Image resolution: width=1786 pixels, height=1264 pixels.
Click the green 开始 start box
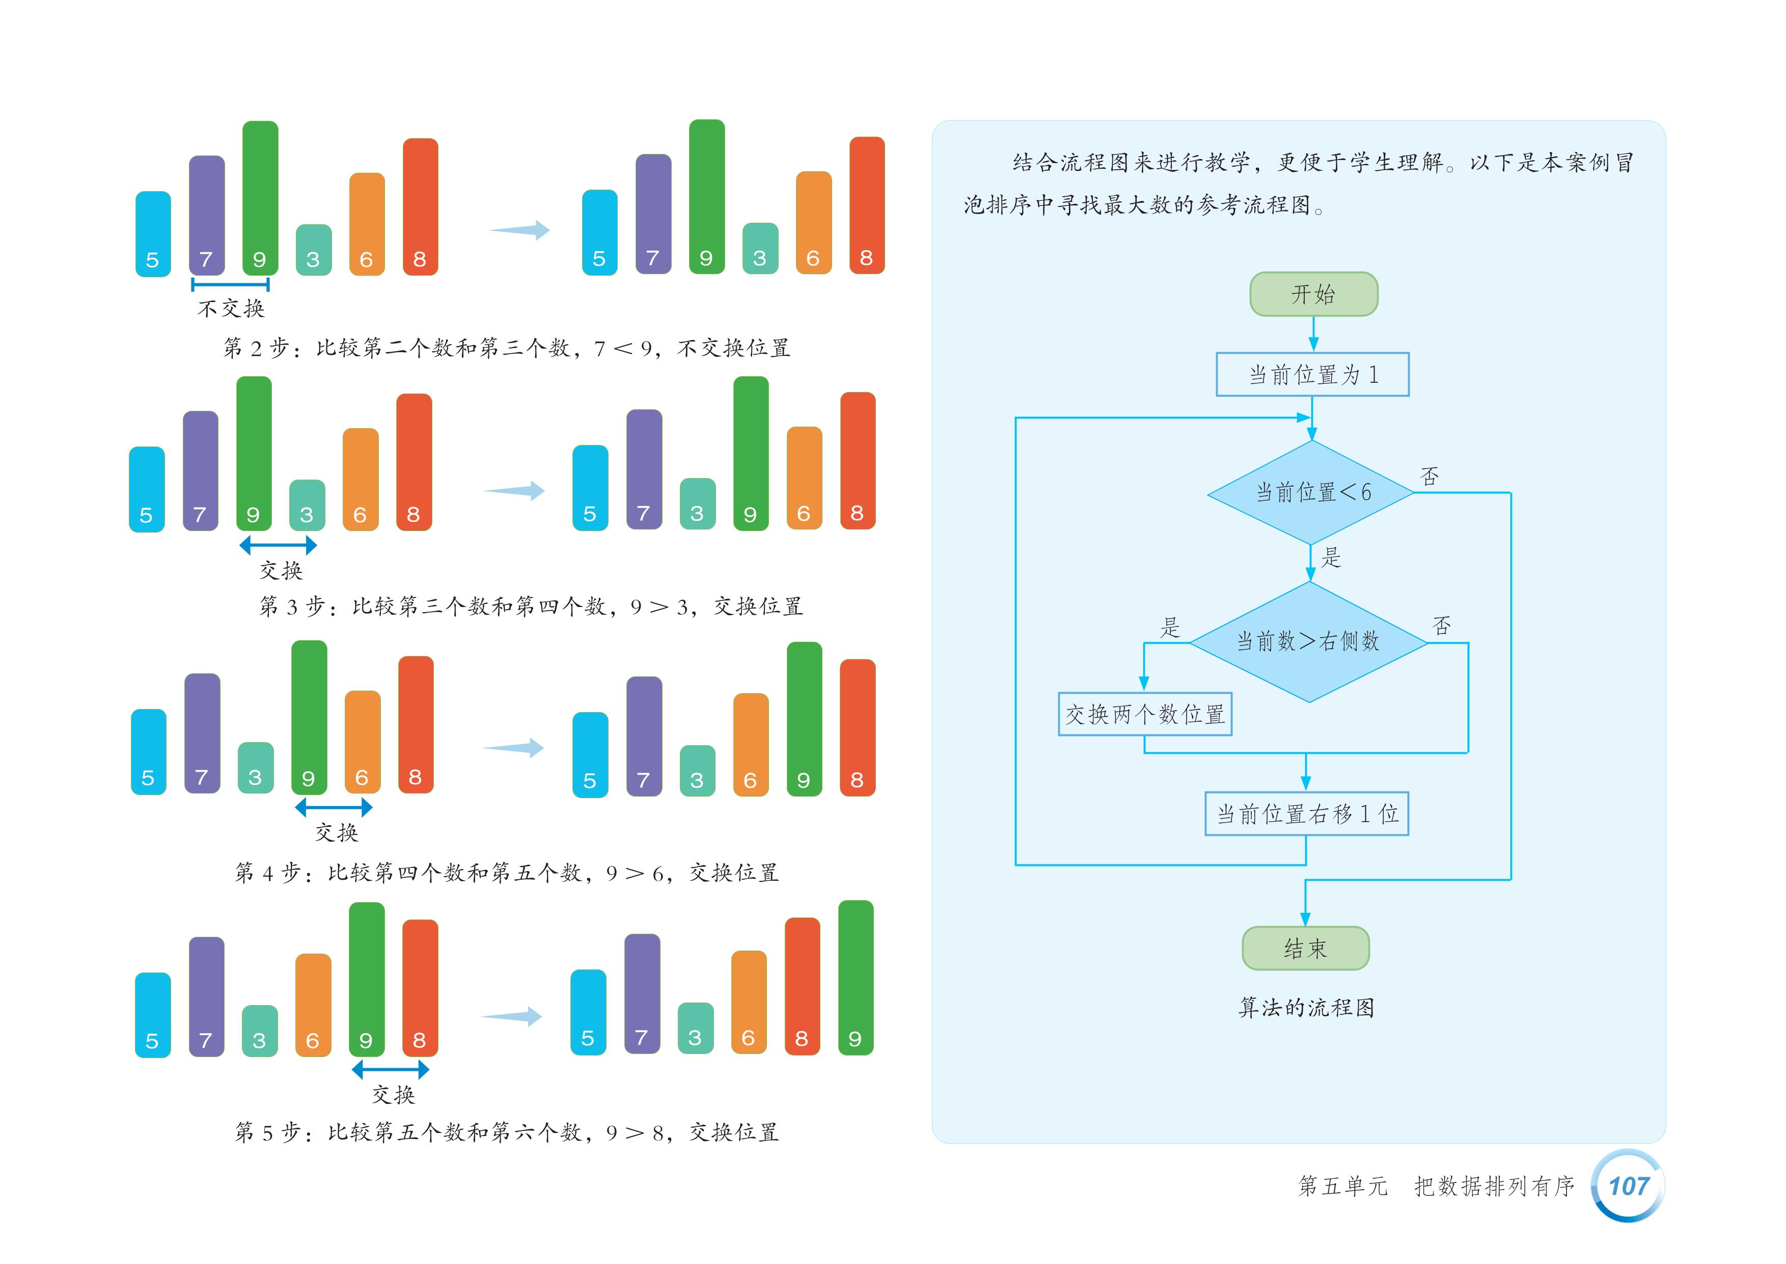pyautogui.click(x=1313, y=294)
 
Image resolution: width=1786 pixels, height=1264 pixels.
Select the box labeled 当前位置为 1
pyautogui.click(x=1312, y=375)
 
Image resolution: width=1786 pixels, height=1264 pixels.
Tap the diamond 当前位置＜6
pyautogui.click(x=1311, y=492)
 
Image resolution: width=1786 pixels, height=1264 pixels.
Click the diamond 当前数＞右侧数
pyautogui.click(x=1308, y=641)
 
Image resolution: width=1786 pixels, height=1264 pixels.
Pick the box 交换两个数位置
pyautogui.click(x=1144, y=714)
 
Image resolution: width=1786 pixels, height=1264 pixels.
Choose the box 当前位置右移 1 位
pyautogui.click(x=1306, y=813)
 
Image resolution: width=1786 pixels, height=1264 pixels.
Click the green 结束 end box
pyautogui.click(x=1305, y=948)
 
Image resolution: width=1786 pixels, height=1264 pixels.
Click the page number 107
pyautogui.click(x=1628, y=1186)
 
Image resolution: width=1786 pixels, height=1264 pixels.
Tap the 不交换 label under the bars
pyautogui.click(x=231, y=309)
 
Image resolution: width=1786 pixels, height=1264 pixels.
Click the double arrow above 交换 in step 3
pyautogui.click(x=278, y=545)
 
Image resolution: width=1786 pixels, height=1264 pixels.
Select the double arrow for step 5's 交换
pyautogui.click(x=391, y=1069)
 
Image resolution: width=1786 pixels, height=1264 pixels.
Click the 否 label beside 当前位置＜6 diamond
pyautogui.click(x=1429, y=477)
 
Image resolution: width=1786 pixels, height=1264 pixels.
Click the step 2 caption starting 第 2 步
pyautogui.click(x=506, y=348)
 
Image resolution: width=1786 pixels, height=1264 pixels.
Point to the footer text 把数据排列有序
pyautogui.click(x=1494, y=1186)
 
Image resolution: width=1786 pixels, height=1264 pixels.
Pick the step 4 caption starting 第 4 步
pyautogui.click(x=506, y=873)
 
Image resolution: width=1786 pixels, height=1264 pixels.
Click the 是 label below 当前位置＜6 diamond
pyautogui.click(x=1331, y=557)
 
